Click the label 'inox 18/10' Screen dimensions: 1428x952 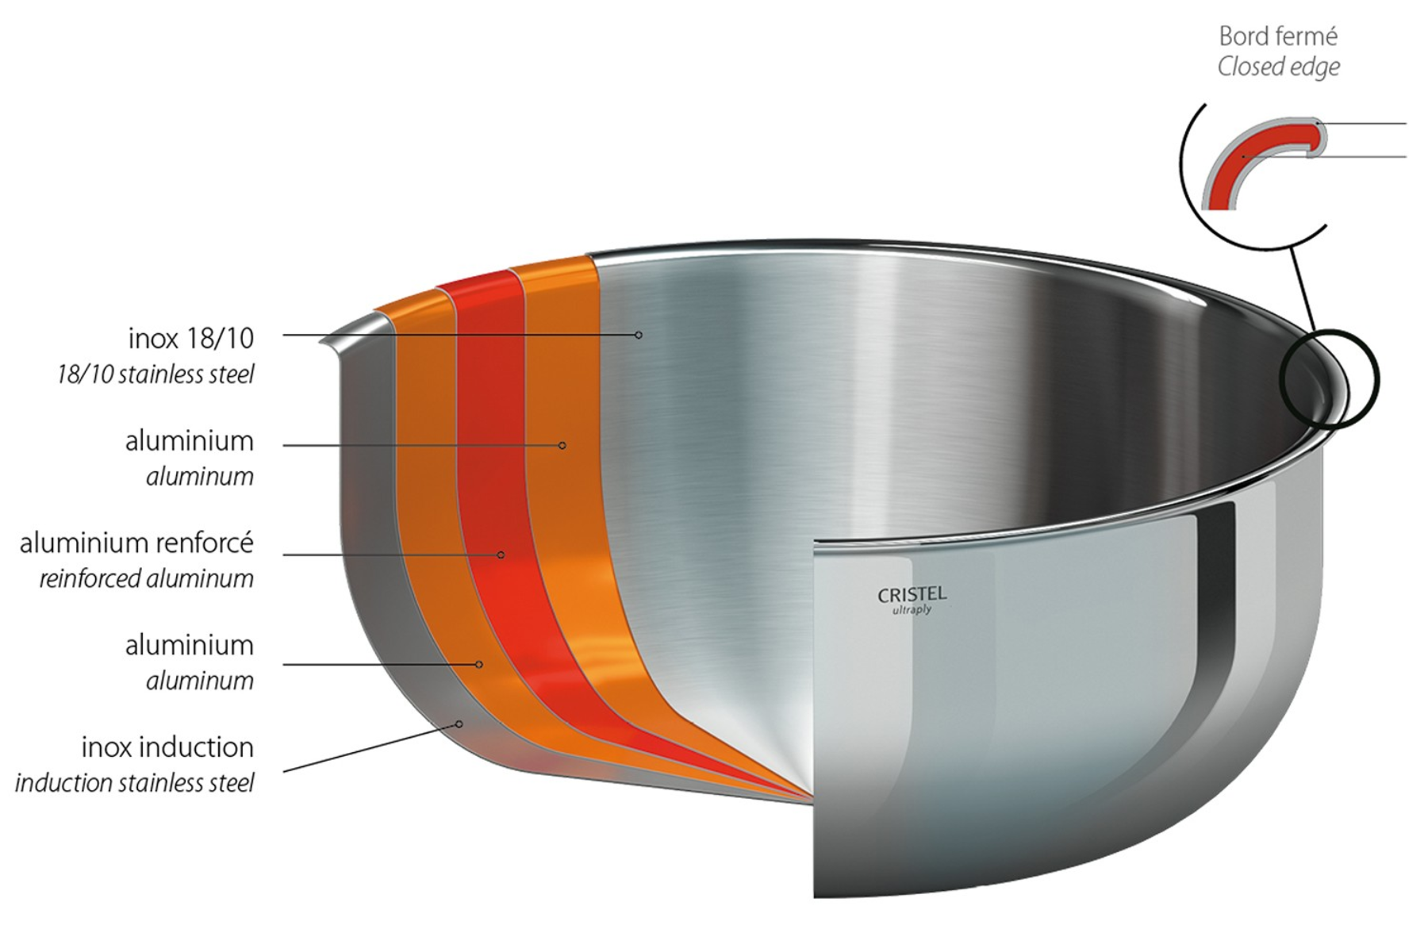(191, 338)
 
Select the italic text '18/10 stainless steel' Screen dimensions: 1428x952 (155, 374)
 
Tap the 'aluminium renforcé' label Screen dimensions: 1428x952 (136, 543)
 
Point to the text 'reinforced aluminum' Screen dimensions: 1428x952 (147, 578)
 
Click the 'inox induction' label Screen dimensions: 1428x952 (167, 747)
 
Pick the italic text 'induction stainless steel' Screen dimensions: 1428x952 (135, 783)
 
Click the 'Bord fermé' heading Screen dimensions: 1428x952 (1278, 36)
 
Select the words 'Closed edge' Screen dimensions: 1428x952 (1278, 67)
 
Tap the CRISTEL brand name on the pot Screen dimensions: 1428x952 (912, 595)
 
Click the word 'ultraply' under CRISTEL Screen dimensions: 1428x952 (912, 610)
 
